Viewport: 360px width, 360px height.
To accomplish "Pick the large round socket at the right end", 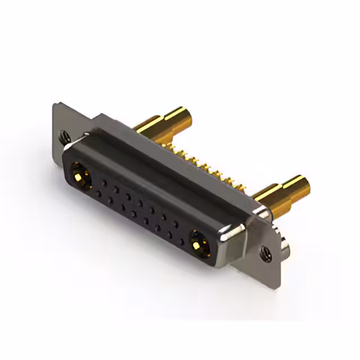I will tap(197, 243).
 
